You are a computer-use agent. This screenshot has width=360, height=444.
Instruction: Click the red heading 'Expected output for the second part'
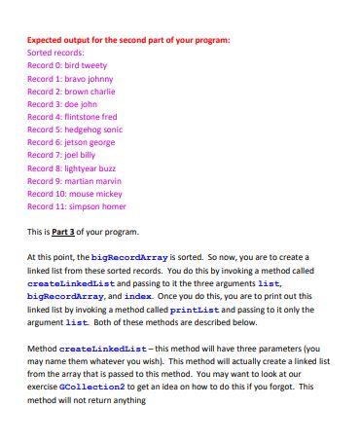point(128,40)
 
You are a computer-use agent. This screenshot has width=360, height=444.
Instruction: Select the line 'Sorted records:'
point(55,53)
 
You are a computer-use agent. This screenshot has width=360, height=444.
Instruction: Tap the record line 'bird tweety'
point(67,65)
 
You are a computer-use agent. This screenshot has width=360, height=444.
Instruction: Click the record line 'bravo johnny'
point(70,78)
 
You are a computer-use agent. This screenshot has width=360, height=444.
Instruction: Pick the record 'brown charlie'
point(71,91)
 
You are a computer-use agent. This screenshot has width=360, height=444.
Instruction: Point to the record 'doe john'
point(62,103)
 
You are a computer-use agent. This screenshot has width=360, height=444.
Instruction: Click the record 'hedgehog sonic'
point(75,129)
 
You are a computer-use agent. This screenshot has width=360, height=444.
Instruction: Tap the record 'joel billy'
point(61,154)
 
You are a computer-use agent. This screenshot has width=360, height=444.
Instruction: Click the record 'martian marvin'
point(74,180)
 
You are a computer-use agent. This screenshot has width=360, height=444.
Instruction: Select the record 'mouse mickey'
point(74,193)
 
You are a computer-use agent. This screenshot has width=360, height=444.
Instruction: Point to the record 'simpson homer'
point(76,205)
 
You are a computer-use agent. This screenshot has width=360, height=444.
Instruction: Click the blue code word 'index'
point(139,295)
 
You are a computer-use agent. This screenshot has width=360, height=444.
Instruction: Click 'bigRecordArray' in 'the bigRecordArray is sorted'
point(142,257)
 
